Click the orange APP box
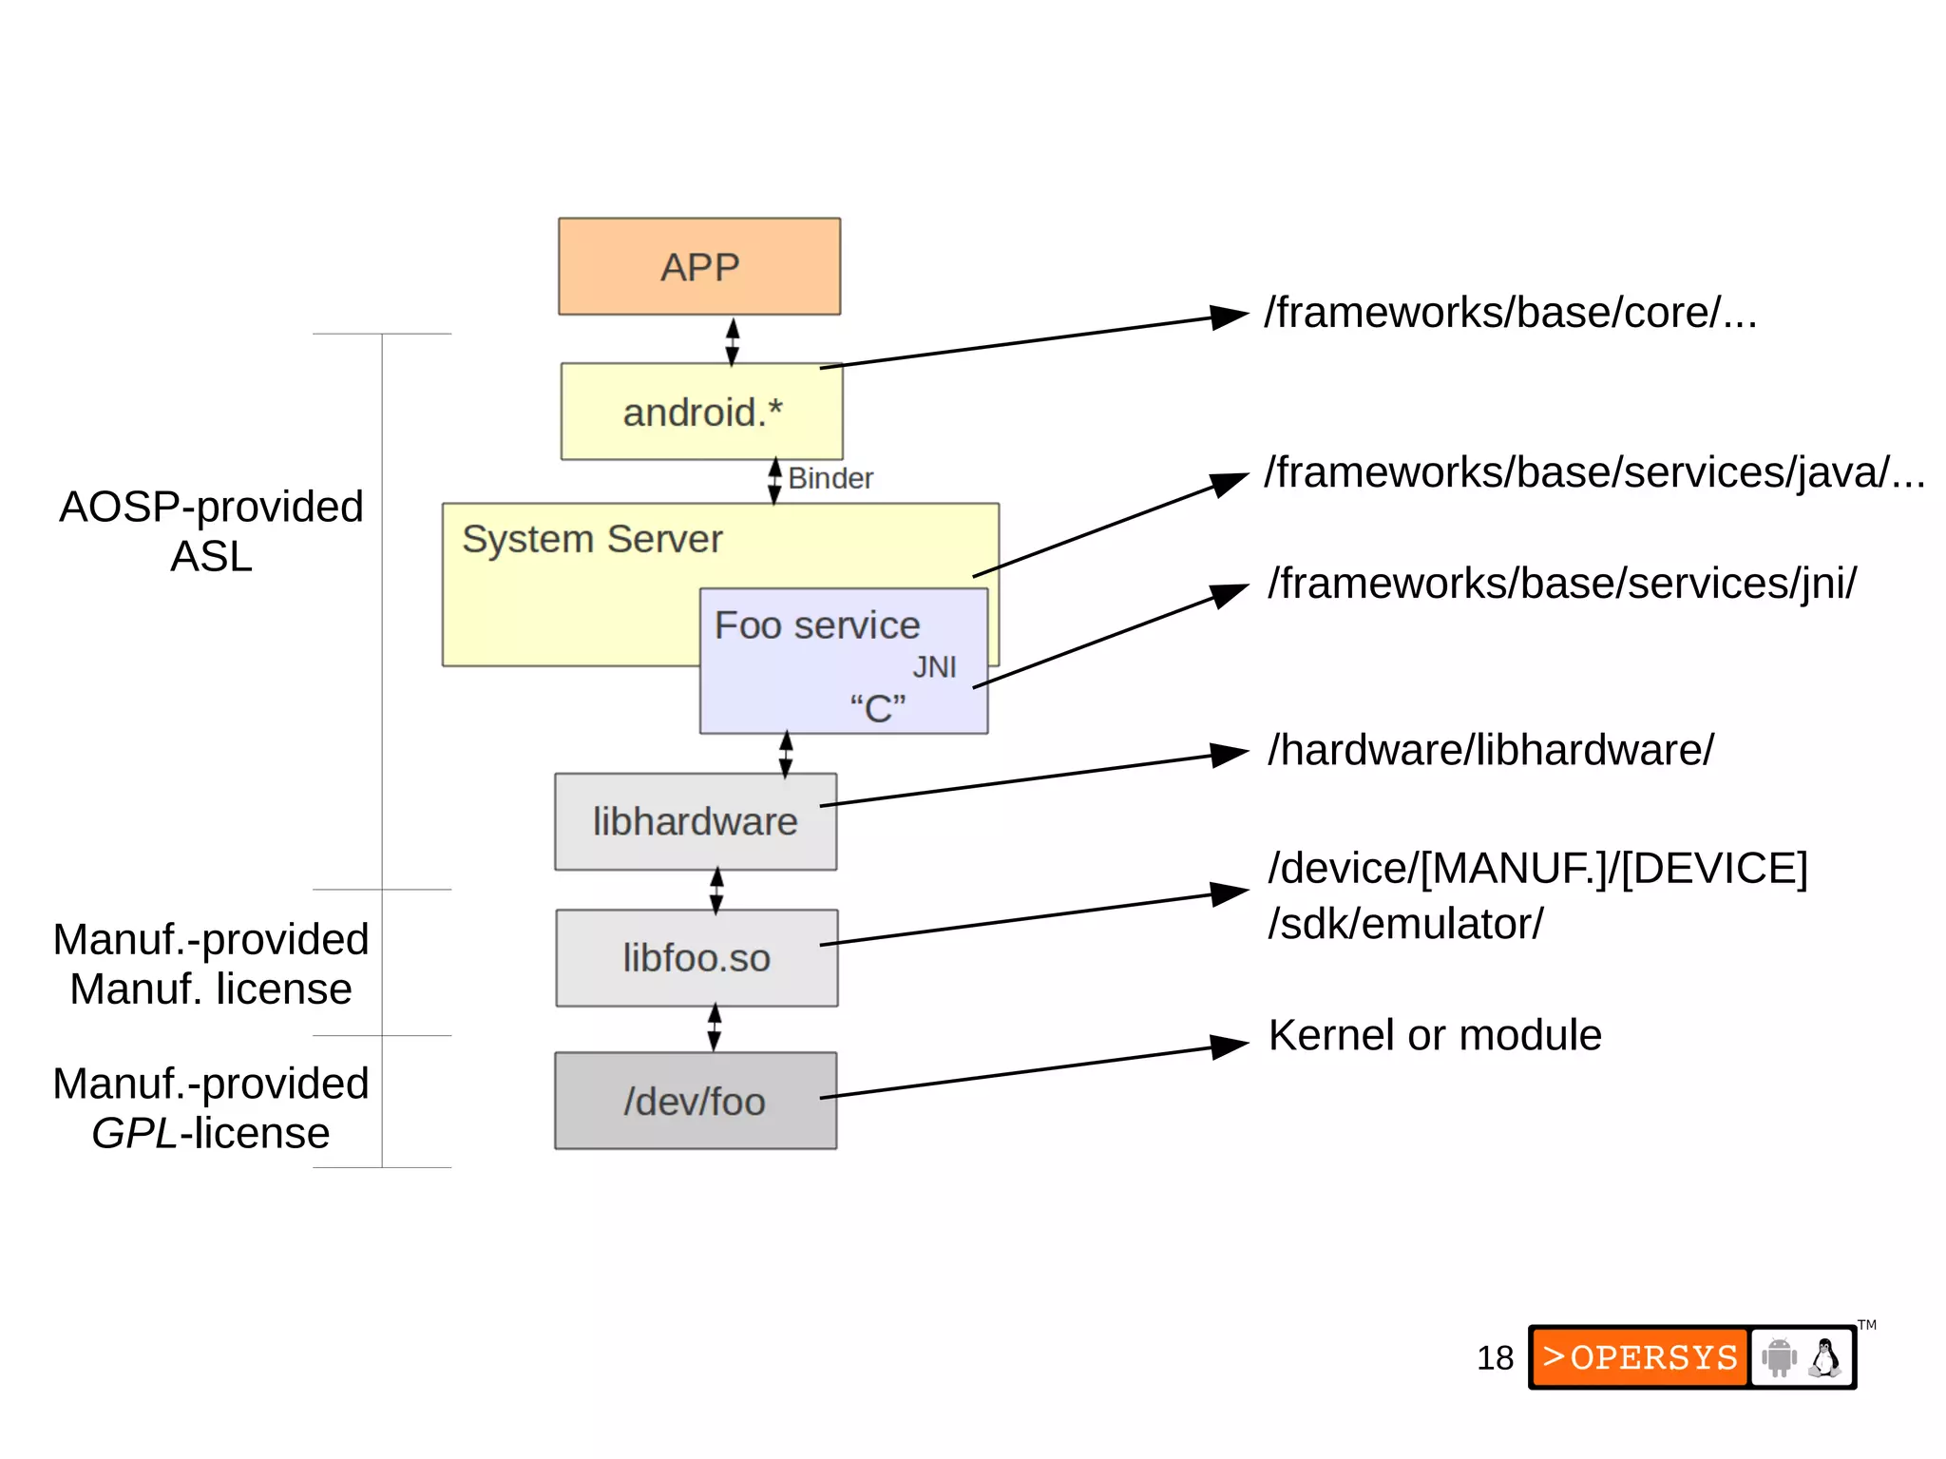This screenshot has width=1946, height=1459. click(x=699, y=266)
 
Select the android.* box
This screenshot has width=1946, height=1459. click(x=701, y=412)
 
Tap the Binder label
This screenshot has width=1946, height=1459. click(x=830, y=478)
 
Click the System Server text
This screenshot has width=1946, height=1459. click(x=592, y=539)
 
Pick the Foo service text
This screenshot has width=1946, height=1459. click(x=817, y=625)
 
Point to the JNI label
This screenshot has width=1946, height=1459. click(x=934, y=667)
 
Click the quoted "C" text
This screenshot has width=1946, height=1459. click(x=877, y=709)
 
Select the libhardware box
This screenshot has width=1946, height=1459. click(x=696, y=821)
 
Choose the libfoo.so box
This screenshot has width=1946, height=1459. click(x=696, y=958)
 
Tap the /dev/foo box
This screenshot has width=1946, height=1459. click(x=696, y=1101)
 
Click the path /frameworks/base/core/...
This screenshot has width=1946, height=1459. click(x=1509, y=313)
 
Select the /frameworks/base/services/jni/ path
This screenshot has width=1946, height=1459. click(x=1561, y=584)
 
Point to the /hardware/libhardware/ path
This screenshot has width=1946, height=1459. click(x=1490, y=750)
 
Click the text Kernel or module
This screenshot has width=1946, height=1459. click(x=1435, y=1035)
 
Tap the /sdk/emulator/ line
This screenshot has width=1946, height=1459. click(x=1405, y=924)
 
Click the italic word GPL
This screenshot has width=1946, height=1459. click(x=134, y=1133)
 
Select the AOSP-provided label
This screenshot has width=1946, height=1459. click(x=211, y=507)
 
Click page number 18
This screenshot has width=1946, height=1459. click(x=1495, y=1358)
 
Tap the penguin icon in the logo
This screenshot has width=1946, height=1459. click(x=1823, y=1357)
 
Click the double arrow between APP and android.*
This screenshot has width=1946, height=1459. click(x=732, y=341)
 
